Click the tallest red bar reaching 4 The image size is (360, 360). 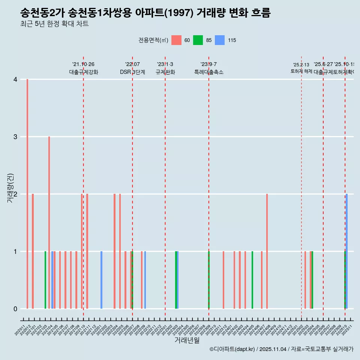27,194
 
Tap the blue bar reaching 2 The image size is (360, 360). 347,251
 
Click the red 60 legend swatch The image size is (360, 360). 176,40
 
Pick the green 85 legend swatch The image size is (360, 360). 198,40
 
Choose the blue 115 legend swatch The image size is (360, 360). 220,40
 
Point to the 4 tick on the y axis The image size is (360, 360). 15,79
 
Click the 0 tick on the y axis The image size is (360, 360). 15,309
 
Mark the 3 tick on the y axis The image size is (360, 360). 15,137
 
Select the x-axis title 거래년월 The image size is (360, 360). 187,340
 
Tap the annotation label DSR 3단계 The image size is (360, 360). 132,72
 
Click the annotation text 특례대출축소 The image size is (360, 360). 208,72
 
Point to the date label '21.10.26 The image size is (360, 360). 83,64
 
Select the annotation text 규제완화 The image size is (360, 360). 165,72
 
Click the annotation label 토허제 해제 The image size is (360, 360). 301,71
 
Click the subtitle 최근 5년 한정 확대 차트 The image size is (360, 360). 54,24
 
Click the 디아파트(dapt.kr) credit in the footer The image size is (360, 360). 232,349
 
